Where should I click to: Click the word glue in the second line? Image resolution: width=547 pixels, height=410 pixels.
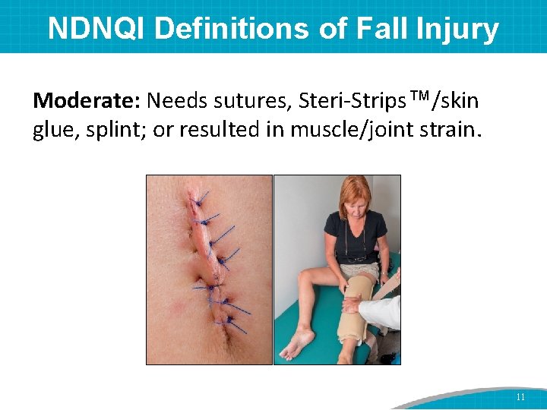pos(52,130)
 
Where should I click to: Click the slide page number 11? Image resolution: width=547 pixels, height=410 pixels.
pos(520,396)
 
